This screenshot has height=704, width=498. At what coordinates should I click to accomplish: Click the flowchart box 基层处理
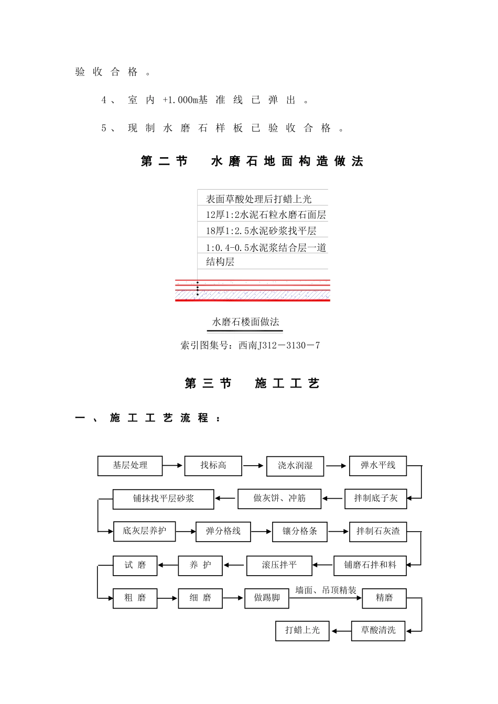click(130, 466)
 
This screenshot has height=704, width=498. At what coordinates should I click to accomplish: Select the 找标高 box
click(213, 466)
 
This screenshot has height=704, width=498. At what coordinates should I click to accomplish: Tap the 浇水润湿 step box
click(295, 466)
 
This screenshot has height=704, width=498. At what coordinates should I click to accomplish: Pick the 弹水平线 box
click(378, 466)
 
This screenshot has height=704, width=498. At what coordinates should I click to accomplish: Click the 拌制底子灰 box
click(375, 499)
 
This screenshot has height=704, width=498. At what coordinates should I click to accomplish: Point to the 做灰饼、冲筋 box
click(279, 499)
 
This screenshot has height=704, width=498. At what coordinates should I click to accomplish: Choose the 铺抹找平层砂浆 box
click(163, 499)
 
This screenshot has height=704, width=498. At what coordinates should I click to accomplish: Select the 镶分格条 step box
click(300, 532)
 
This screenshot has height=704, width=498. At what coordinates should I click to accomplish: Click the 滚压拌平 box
click(279, 565)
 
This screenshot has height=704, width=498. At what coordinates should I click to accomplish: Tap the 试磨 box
click(135, 565)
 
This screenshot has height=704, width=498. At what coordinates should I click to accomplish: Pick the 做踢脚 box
click(267, 598)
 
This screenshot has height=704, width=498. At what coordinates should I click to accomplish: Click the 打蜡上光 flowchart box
click(302, 630)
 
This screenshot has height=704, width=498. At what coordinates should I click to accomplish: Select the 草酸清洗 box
click(378, 630)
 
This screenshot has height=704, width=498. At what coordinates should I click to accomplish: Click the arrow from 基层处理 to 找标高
click(173, 465)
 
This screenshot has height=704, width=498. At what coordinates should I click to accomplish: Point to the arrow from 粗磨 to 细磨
click(168, 598)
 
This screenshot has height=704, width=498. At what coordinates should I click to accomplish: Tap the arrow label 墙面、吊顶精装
click(326, 590)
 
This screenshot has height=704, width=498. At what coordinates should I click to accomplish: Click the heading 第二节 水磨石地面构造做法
click(252, 161)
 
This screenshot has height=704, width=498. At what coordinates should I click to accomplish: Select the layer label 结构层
click(220, 262)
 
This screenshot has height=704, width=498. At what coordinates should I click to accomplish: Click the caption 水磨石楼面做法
click(245, 322)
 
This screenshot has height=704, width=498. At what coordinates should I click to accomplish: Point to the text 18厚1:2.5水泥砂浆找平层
click(261, 231)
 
